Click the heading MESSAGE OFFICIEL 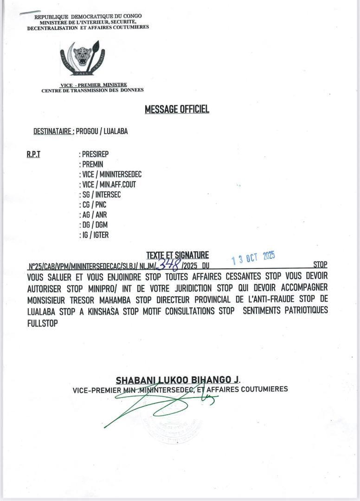tap(177, 109)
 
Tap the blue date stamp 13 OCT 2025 tap(253, 257)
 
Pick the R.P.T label tap(33, 154)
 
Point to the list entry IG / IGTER tap(95, 235)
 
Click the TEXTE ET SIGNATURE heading tap(177, 255)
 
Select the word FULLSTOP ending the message tap(43, 324)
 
